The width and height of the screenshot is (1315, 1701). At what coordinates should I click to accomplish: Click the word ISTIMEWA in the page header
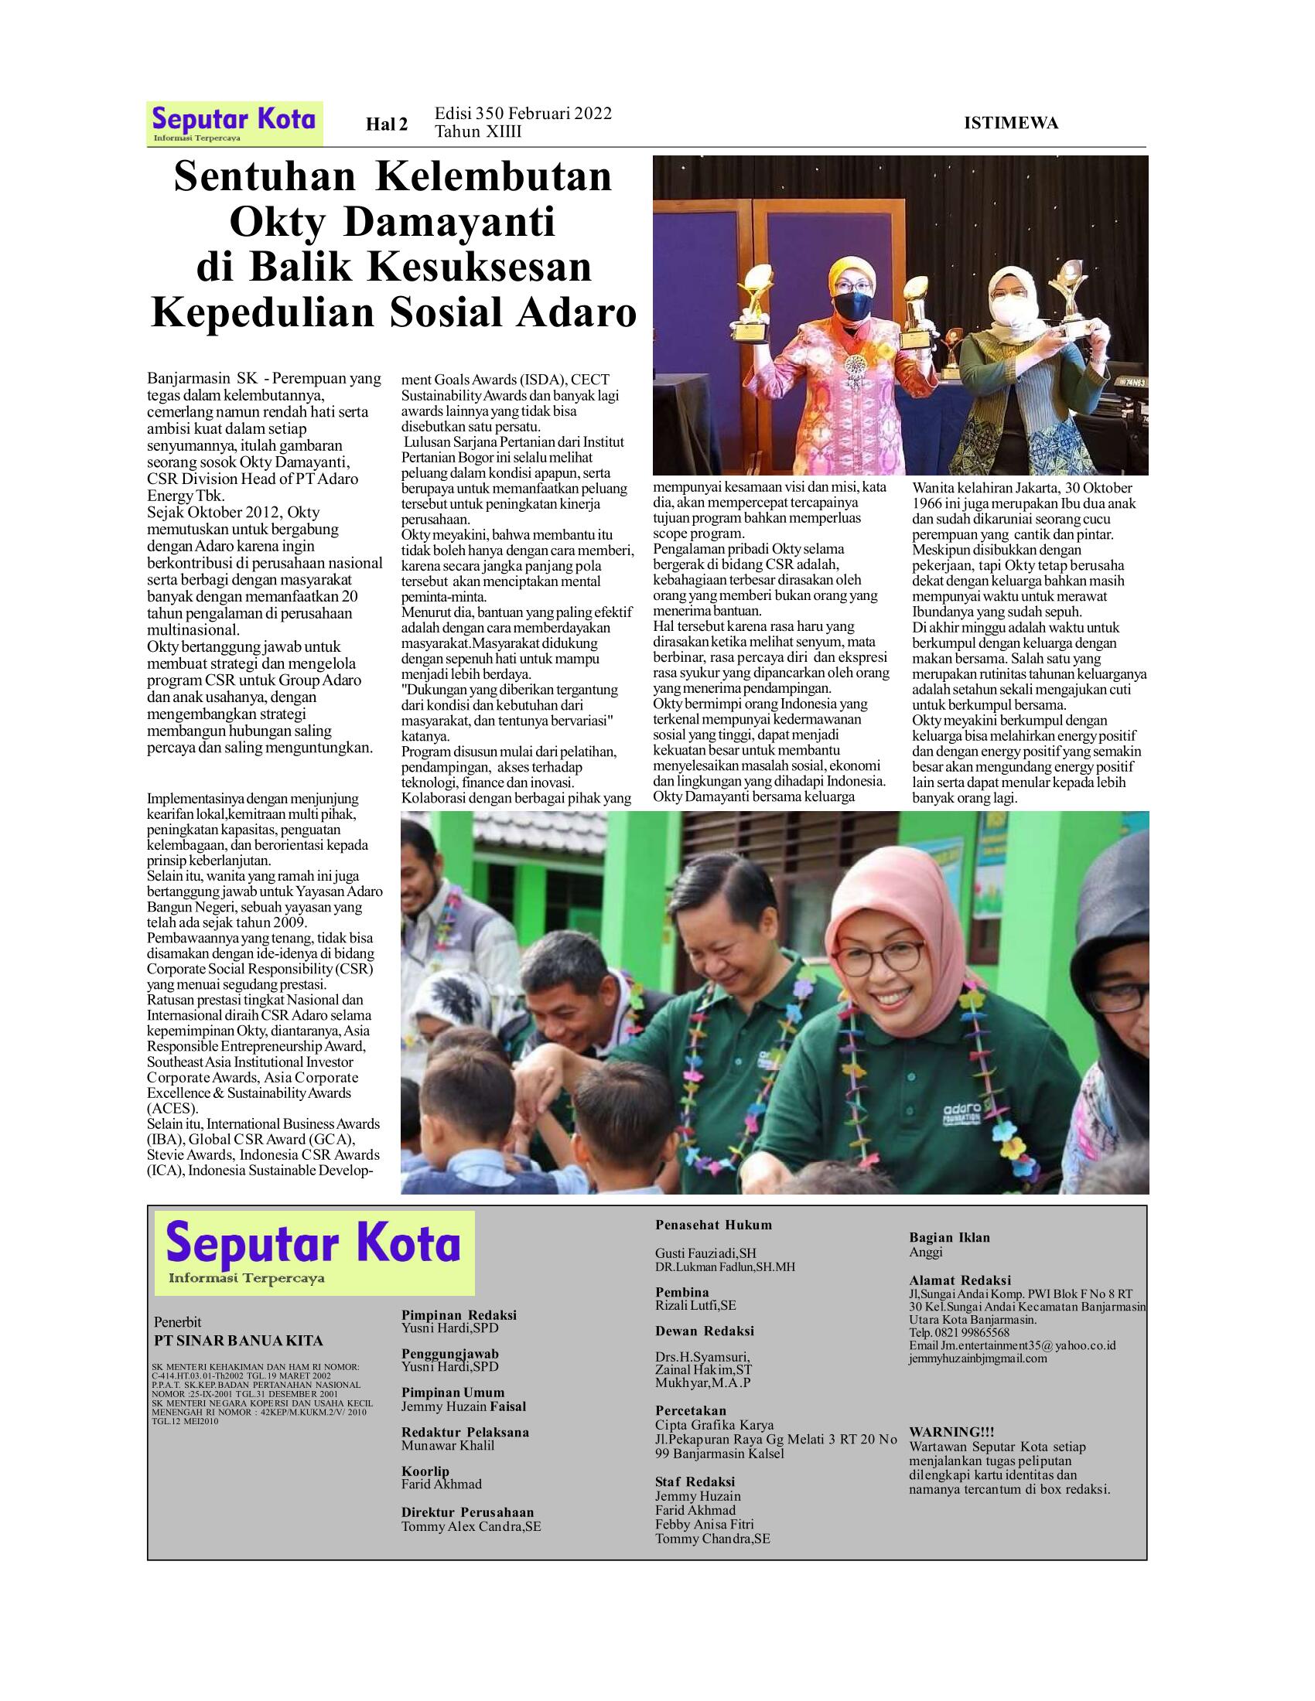coord(1010,123)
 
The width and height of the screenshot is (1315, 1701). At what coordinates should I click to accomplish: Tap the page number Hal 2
coord(388,124)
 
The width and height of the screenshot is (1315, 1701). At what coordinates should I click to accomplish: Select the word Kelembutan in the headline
coord(494,177)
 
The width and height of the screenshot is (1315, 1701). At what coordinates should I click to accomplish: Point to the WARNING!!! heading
coord(951,1432)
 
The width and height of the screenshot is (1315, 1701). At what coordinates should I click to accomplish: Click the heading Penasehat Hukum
coord(713,1225)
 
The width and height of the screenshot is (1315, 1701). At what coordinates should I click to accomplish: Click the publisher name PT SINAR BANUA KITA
coord(238,1341)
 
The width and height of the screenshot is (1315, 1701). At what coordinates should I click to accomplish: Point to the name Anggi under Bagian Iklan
coord(926,1253)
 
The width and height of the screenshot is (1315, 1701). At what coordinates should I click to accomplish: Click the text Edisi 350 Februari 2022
coord(523,114)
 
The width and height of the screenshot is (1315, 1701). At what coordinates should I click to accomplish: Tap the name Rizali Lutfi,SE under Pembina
coord(695,1305)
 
